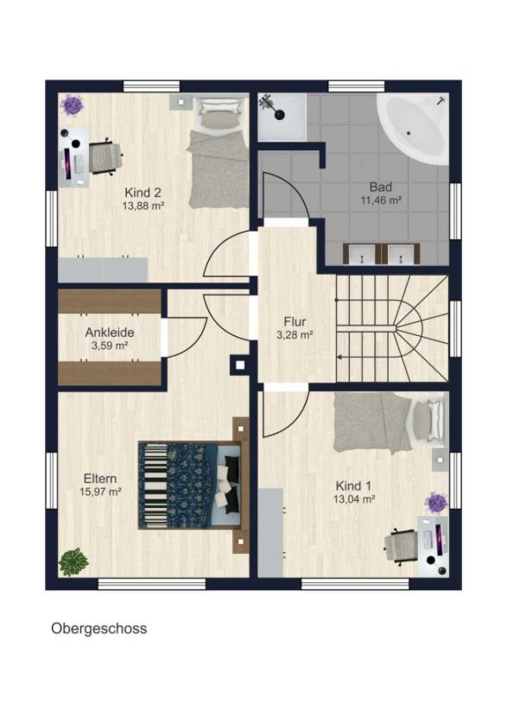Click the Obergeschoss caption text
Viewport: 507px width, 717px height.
click(x=98, y=629)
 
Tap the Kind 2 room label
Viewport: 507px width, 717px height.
click(x=143, y=192)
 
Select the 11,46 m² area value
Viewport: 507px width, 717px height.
click(x=381, y=200)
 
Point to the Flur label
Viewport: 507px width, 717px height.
click(x=295, y=321)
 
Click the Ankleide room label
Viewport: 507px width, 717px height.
click(x=110, y=333)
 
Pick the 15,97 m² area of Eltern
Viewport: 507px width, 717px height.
click(x=100, y=492)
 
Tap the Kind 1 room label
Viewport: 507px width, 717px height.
click(x=354, y=485)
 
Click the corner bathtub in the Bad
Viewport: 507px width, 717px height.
click(x=413, y=129)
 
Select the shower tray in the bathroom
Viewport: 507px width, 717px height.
click(x=282, y=117)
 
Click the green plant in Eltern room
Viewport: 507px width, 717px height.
click(x=73, y=562)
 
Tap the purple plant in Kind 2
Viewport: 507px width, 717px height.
click(x=73, y=105)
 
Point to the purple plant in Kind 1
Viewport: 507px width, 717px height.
click(x=436, y=503)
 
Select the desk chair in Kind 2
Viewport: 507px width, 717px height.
click(x=106, y=156)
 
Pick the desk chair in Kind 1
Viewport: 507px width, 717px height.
click(x=401, y=546)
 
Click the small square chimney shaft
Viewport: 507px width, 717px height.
click(x=240, y=365)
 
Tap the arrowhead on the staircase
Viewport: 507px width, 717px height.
click(x=339, y=357)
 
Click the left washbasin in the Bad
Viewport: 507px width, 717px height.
click(x=362, y=254)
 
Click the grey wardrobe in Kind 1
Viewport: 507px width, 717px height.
click(x=270, y=533)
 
